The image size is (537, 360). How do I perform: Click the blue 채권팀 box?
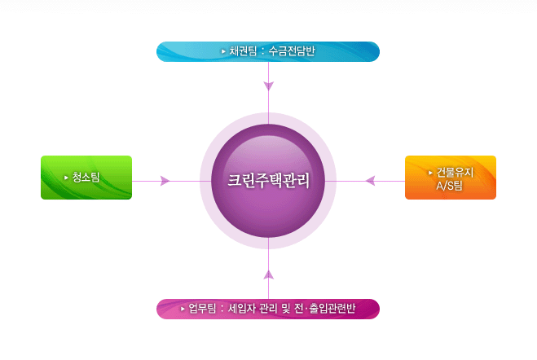(268, 51)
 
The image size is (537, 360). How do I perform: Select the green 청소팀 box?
(86, 178)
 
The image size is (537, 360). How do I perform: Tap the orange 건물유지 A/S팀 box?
(451, 178)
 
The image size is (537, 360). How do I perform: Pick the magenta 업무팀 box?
(268, 309)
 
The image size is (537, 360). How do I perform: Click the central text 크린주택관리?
(269, 180)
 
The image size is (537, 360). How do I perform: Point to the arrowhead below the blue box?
(269, 86)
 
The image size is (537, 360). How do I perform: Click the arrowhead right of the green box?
(165, 181)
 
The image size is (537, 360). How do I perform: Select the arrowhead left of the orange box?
(371, 181)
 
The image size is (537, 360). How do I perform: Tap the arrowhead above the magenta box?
(269, 274)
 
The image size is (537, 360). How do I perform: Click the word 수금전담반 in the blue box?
(292, 51)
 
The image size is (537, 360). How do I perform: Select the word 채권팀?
(243, 51)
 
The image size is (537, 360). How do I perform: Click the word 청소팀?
(86, 178)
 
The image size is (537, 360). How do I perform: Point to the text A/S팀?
(449, 186)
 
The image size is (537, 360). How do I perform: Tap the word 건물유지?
(455, 173)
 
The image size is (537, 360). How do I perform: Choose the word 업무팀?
(202, 309)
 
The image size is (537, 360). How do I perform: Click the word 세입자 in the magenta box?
(241, 309)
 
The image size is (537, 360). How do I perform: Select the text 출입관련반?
(332, 309)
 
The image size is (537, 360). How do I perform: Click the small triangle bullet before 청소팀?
(66, 178)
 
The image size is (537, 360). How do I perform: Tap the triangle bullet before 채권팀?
(223, 51)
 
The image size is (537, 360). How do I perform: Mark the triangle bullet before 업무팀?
(183, 309)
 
